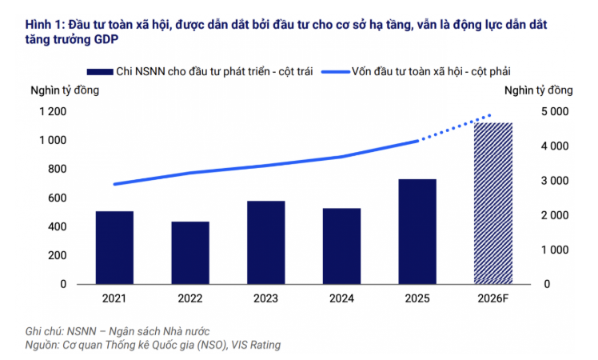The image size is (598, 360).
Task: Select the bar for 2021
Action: pyautogui.click(x=114, y=247)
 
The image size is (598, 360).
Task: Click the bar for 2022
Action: pyautogui.click(x=190, y=253)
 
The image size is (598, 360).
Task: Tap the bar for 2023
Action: pyautogui.click(x=266, y=242)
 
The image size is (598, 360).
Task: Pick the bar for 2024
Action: pyautogui.click(x=341, y=246)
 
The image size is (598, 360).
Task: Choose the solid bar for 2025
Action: pyautogui.click(x=417, y=231)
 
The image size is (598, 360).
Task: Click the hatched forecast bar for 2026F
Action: pyautogui.click(x=493, y=203)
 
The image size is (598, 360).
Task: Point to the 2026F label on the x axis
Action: pyautogui.click(x=493, y=298)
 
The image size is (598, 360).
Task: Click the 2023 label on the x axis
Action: pyautogui.click(x=266, y=298)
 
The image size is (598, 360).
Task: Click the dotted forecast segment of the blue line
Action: pyautogui.click(x=456, y=128)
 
